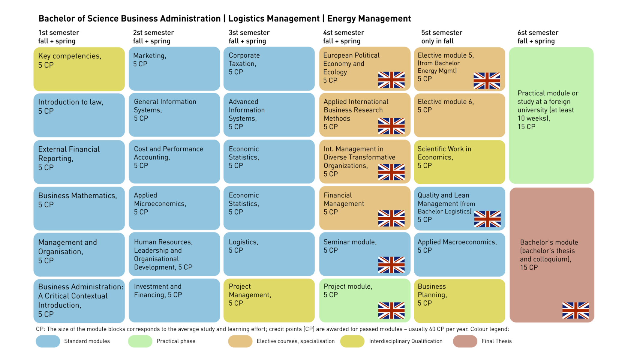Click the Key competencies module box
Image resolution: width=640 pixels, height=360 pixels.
[79, 69]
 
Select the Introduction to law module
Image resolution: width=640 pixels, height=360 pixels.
[79, 115]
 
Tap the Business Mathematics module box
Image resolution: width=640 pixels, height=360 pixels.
[79, 208]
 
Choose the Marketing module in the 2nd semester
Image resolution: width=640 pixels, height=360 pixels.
[174, 69]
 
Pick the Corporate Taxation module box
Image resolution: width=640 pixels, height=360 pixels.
[269, 69]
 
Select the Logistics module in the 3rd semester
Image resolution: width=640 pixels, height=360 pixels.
[269, 254]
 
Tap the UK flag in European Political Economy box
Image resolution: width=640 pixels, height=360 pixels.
[391, 80]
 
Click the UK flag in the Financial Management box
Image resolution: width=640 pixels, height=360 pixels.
[391, 218]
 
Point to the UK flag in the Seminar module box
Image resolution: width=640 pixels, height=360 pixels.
[391, 265]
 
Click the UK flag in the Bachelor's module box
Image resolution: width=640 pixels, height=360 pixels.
[575, 310]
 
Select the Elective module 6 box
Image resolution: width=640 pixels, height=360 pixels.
[459, 115]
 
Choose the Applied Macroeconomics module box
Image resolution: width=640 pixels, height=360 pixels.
[459, 254]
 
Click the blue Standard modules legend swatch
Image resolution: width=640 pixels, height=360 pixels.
[48, 341]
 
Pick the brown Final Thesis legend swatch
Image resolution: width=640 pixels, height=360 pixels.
[465, 341]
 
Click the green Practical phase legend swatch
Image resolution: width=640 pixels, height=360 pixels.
[140, 341]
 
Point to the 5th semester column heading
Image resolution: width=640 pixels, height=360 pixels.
[442, 36]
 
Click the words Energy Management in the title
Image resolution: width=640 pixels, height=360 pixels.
[369, 19]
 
